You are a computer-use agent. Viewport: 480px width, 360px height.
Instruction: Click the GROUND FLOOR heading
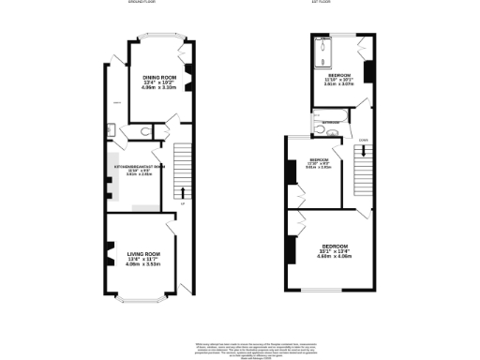[x=141, y=3]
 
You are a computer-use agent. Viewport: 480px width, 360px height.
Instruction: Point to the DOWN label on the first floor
[x=363, y=141]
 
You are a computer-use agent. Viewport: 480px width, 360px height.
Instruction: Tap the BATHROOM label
[x=331, y=122]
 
